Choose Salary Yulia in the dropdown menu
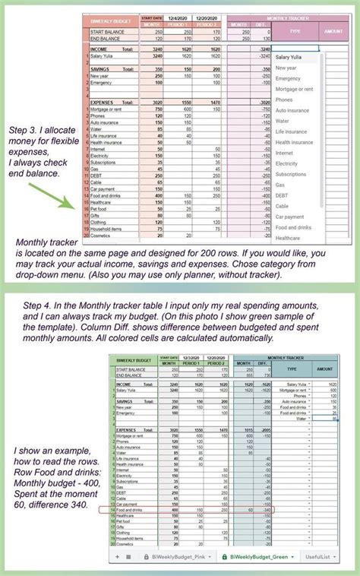[292, 57]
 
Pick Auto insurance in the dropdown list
[293, 110]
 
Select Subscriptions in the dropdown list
[292, 174]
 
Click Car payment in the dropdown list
[292, 217]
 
